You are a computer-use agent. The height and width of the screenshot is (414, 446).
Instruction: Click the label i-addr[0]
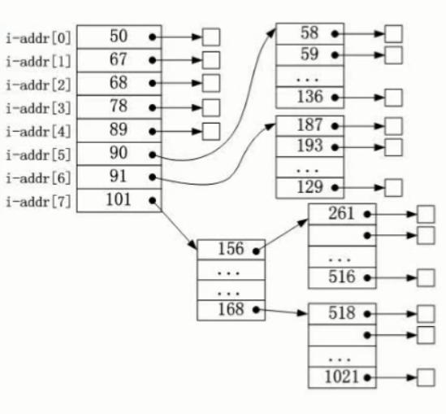[x=38, y=38]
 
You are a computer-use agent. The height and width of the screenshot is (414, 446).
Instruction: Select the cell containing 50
[x=119, y=37]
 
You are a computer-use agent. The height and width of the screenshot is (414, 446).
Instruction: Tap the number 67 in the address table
[x=118, y=59]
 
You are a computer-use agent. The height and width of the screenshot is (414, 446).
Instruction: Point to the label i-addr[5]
[x=38, y=155]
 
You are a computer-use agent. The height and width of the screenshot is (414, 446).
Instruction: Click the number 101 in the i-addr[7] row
[x=119, y=199]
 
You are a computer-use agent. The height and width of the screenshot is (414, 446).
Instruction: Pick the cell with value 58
[x=310, y=34]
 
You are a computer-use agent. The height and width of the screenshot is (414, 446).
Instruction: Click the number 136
[x=310, y=97]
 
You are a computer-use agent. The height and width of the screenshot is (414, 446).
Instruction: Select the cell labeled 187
[x=310, y=126]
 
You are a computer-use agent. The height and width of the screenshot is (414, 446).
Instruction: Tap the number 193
[x=310, y=146]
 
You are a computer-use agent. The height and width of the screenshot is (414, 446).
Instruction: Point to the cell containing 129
[x=310, y=188]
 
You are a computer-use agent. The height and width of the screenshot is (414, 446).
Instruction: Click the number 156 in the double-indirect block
[x=231, y=249]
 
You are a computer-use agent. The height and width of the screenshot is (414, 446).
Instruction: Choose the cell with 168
[x=231, y=311]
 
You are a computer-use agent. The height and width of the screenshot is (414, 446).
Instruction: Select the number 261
[x=341, y=214]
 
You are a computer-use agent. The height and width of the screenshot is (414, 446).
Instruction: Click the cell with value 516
[x=342, y=278]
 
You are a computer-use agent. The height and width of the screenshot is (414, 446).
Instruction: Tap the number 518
[x=342, y=313]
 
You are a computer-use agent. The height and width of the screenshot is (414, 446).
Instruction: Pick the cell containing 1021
[x=342, y=377]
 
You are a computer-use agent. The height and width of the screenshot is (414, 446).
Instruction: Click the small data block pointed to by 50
[x=211, y=37]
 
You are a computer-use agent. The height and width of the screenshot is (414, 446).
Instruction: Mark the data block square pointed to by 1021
[x=426, y=377]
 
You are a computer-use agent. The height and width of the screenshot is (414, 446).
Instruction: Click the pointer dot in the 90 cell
[x=153, y=155]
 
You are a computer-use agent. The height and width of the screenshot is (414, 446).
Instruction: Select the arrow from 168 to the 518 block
[x=282, y=312]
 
